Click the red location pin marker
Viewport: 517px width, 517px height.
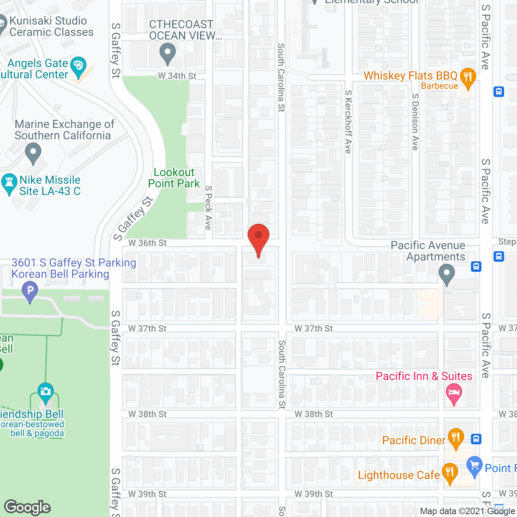point(258,238)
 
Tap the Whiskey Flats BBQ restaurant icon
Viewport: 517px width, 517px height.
point(467,78)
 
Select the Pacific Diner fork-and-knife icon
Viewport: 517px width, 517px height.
point(456,438)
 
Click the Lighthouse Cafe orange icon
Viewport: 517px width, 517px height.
point(450,473)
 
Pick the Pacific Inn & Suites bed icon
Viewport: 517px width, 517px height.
point(454,393)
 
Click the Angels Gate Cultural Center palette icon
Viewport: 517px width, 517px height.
point(78,67)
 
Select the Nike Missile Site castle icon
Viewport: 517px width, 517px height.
point(9,183)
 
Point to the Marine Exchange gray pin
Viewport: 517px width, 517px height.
point(33,154)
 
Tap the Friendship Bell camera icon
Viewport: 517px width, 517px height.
point(45,391)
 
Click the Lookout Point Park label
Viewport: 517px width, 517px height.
point(174,178)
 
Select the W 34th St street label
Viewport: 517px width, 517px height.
point(177,76)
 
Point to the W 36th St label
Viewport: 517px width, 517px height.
point(147,243)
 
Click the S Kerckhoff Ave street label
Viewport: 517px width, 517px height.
point(348,122)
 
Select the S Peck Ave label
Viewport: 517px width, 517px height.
point(208,208)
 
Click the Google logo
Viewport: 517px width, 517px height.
point(27,507)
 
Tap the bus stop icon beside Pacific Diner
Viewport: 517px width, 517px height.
point(476,439)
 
